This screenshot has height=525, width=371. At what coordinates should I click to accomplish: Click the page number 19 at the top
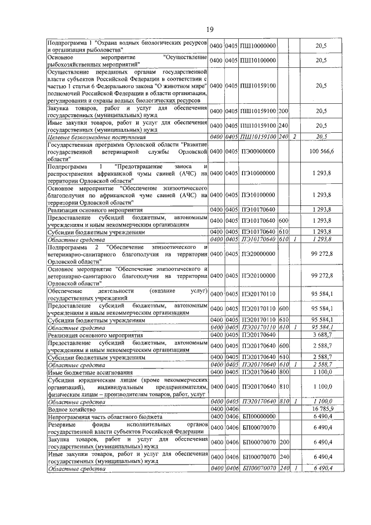[185, 30]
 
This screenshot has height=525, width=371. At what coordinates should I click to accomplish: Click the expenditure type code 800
[283, 372]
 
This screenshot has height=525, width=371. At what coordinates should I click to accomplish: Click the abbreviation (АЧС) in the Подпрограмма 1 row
[183, 173]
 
